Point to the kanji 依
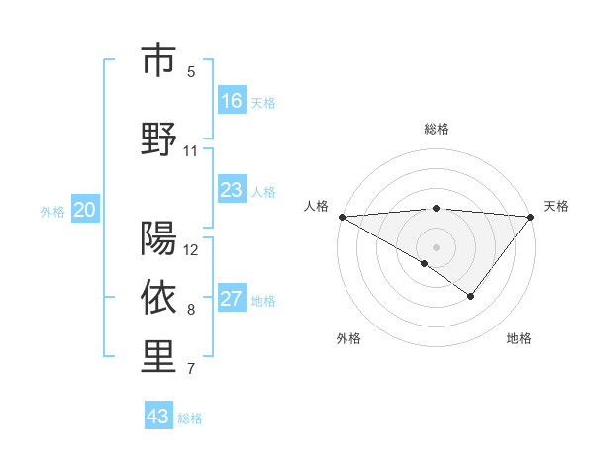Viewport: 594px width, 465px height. click(158, 297)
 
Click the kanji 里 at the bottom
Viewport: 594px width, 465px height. click(158, 357)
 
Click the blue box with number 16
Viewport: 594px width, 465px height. click(232, 101)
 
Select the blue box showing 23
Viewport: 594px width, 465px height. click(232, 190)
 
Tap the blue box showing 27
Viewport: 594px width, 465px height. click(232, 299)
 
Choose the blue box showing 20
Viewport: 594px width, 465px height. click(85, 210)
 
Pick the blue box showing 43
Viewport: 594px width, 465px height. click(158, 417)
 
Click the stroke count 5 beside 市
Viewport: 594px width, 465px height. click(191, 72)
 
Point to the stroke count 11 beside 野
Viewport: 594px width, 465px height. click(191, 151)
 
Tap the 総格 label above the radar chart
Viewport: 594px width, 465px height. click(437, 129)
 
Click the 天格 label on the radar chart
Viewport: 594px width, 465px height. click(556, 206)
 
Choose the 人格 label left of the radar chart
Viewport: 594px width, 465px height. click(316, 206)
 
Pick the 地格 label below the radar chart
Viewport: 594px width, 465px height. click(519, 338)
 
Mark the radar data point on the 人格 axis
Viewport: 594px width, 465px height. click(342, 217)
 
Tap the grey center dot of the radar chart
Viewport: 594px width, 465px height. click(437, 246)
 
